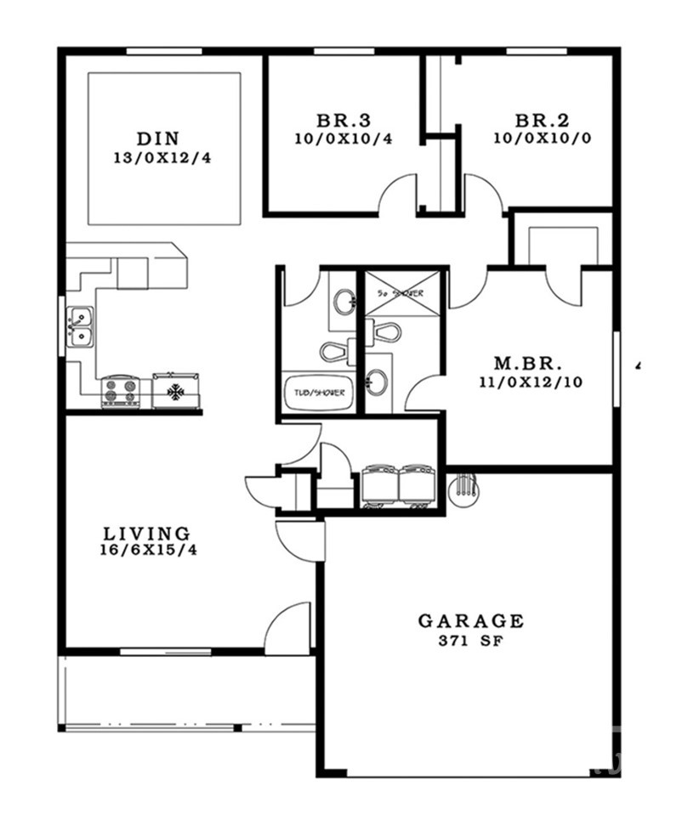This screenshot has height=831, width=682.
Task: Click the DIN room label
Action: click(160, 139)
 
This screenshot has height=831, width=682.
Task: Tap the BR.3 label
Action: click(344, 120)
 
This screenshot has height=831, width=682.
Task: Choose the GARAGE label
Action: click(470, 621)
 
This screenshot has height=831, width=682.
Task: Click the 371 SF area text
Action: click(470, 642)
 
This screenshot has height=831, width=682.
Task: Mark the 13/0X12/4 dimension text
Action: click(161, 157)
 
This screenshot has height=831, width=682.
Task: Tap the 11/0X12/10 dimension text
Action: click(530, 382)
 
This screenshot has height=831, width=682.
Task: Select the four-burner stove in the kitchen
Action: click(120, 392)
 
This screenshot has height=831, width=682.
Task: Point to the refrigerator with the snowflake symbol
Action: click(176, 392)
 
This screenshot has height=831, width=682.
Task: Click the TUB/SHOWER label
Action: click(316, 392)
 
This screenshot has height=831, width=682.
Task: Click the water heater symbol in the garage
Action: click(463, 489)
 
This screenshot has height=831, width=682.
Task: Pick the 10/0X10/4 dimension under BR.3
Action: click(344, 138)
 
